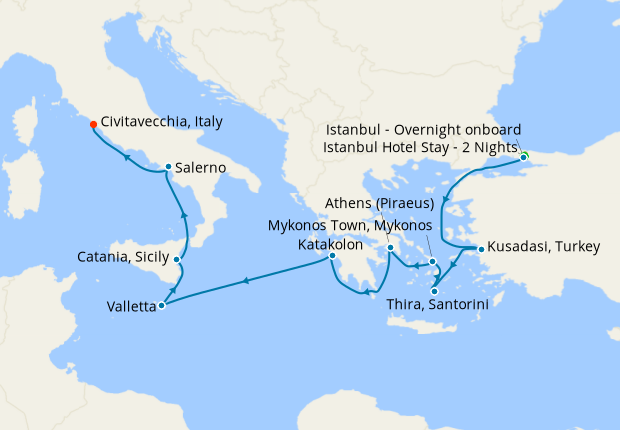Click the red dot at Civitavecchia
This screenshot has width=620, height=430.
tap(93, 124)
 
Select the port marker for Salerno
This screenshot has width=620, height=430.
tap(168, 167)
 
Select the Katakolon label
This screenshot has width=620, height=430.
tap(331, 244)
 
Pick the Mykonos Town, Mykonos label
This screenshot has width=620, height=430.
tap(349, 225)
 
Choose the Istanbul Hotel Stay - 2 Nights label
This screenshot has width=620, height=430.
tap(420, 148)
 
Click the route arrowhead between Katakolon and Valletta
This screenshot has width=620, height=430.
tap(247, 281)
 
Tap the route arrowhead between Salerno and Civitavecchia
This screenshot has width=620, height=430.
tap(127, 157)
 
